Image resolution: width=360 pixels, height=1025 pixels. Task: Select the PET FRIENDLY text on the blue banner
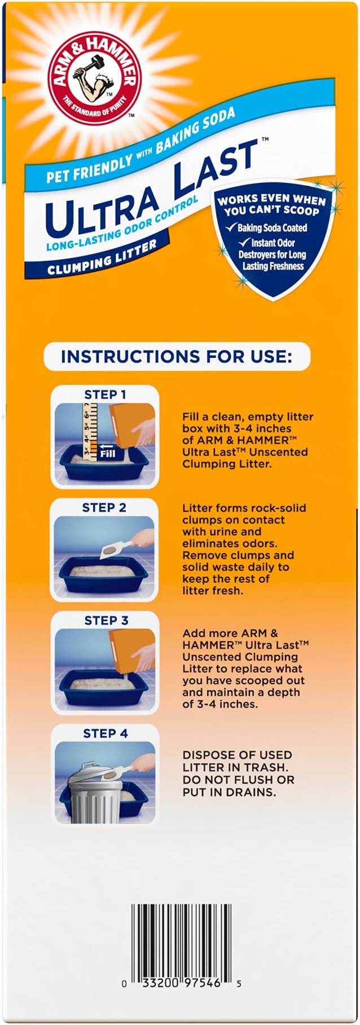click(88, 168)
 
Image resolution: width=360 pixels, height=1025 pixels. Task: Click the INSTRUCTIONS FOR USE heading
click(177, 357)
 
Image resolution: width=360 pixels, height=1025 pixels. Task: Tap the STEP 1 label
click(105, 395)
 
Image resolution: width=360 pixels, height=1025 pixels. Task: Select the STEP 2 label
click(104, 507)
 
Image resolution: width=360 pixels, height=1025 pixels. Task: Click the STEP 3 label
click(106, 620)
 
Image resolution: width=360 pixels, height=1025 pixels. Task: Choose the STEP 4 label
click(106, 733)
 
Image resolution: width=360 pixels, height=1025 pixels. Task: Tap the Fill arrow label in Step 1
click(107, 453)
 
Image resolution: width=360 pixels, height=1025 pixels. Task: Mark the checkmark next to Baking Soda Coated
click(230, 227)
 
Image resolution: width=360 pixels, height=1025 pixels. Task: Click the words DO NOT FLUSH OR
click(238, 779)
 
